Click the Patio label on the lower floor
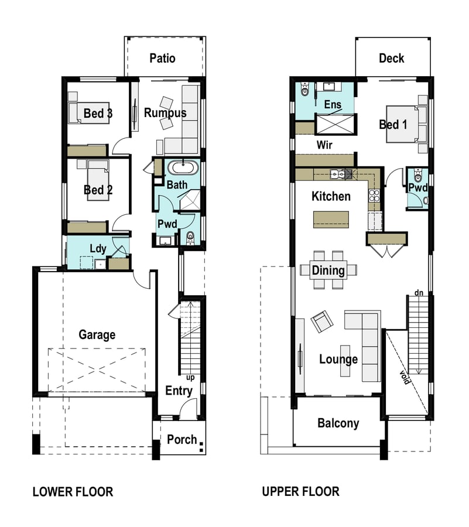(x=162, y=58)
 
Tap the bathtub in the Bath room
(x=183, y=167)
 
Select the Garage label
(x=97, y=335)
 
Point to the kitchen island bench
(x=331, y=220)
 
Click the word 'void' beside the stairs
(x=405, y=378)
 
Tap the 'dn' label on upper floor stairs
(x=419, y=293)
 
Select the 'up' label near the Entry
(x=190, y=378)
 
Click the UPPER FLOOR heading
(x=301, y=491)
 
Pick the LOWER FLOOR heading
(x=73, y=492)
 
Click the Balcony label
(x=338, y=423)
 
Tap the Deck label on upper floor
(x=391, y=58)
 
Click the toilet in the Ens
(x=304, y=90)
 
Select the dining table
(x=328, y=270)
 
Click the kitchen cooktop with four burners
(x=374, y=196)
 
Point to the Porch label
(x=182, y=439)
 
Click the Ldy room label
(x=98, y=249)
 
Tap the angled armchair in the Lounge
(x=322, y=321)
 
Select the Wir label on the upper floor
(x=324, y=145)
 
